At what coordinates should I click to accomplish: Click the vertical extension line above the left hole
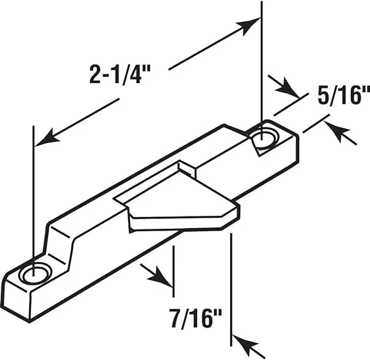click(32, 195)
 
